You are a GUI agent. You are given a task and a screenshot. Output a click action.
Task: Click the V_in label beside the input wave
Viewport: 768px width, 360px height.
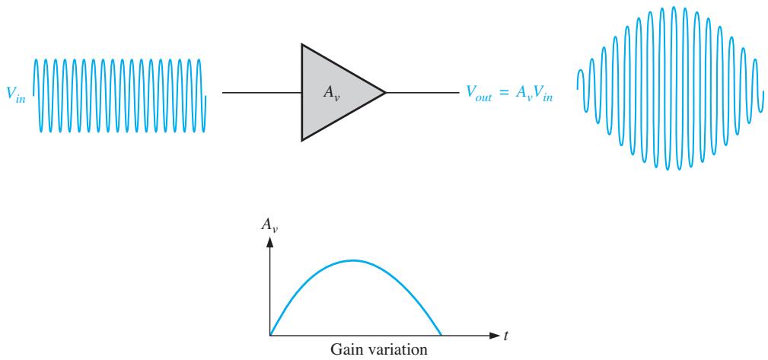16,94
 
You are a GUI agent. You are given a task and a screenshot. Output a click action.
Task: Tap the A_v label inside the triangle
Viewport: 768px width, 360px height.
332,93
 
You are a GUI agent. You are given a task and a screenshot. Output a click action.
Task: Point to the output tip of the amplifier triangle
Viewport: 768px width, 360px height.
386,92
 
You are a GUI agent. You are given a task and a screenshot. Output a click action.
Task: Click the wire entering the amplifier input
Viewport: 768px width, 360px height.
262,92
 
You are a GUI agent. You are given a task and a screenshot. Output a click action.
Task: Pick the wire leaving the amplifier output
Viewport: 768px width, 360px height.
422,92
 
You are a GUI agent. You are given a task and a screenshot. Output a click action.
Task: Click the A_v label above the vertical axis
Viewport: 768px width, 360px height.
269,225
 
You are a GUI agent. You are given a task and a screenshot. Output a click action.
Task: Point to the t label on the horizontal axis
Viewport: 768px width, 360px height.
505,336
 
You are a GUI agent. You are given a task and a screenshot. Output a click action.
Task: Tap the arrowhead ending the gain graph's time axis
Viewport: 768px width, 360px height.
494,336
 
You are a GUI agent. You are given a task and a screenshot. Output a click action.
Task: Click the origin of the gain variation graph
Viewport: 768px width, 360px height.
269,336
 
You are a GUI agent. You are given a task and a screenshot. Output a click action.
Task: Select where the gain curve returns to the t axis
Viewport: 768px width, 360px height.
441,335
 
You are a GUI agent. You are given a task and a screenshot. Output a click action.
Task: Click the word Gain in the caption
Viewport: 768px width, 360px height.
345,350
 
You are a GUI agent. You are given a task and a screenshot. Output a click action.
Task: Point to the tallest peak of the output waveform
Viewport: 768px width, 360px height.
674,8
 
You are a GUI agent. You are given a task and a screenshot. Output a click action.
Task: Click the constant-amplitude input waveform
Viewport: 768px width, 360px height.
119,95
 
